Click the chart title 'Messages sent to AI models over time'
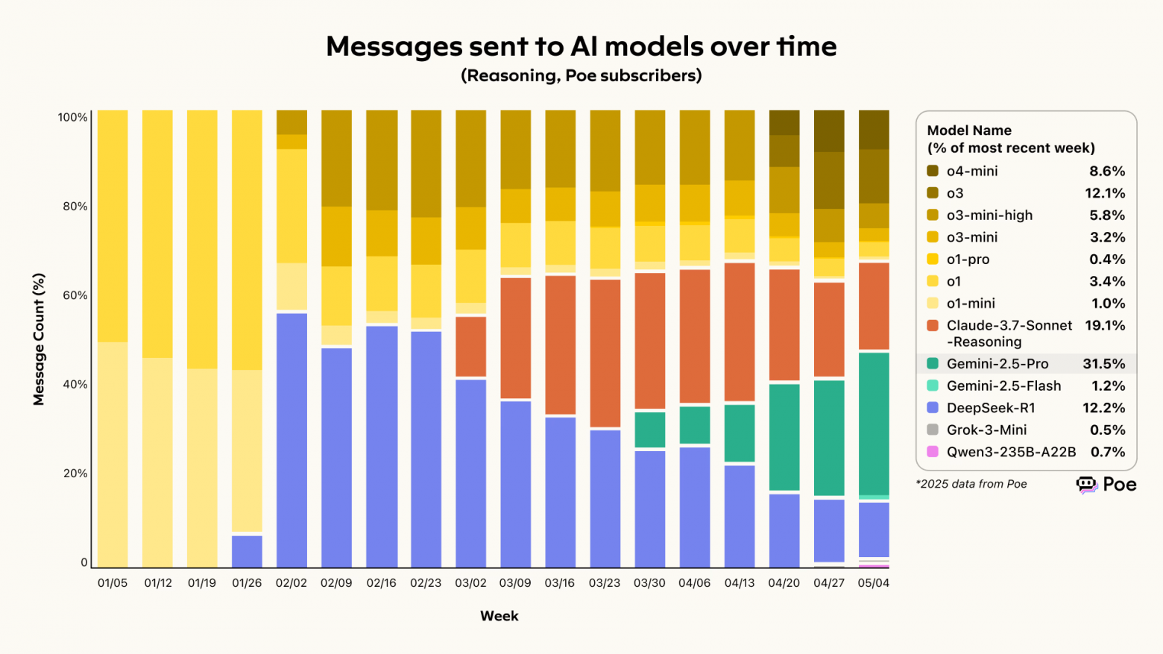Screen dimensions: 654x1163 [x=581, y=46]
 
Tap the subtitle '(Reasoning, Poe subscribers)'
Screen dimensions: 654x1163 [x=581, y=75]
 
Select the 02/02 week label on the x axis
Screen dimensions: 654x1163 [x=291, y=583]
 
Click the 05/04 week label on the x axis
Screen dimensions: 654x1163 [x=873, y=583]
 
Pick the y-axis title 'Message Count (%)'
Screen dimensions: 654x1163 [x=39, y=339]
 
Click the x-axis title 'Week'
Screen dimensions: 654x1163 [x=499, y=616]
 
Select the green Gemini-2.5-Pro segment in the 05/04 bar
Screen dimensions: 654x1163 [x=874, y=423]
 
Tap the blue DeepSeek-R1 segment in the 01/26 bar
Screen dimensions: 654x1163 [x=247, y=551]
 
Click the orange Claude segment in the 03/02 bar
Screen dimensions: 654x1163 [x=470, y=347]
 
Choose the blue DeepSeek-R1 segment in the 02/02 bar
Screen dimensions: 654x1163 [x=291, y=440]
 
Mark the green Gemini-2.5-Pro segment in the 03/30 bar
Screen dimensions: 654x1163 [x=649, y=430]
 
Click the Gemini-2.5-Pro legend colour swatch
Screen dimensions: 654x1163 [x=933, y=364]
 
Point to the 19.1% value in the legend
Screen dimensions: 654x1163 [x=1104, y=326]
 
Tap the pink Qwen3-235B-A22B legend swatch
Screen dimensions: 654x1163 [x=933, y=452]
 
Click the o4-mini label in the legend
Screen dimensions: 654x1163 [x=971, y=171]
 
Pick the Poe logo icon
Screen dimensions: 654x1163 [x=1087, y=485]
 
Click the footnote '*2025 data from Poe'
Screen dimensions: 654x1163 [x=971, y=484]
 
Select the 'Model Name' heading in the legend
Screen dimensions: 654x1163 [x=969, y=131]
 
